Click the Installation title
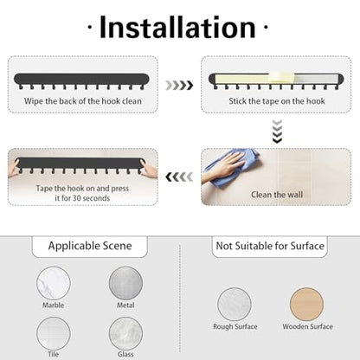coord(177,28)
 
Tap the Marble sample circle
coord(54,283)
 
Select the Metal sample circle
coord(125,283)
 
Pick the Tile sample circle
coord(54,333)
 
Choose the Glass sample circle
coord(125,333)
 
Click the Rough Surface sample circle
coord(235,305)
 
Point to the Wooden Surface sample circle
coord(306,305)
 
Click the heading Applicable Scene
coord(90,246)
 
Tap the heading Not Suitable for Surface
coord(270,246)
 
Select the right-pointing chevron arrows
coord(179,86)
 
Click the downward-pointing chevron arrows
coord(277,132)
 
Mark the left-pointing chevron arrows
coord(179,177)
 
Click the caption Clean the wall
coord(277,195)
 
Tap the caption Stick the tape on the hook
coord(277,101)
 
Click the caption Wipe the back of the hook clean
coord(83,101)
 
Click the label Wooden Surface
coord(307,326)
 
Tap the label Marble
coord(54,305)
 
